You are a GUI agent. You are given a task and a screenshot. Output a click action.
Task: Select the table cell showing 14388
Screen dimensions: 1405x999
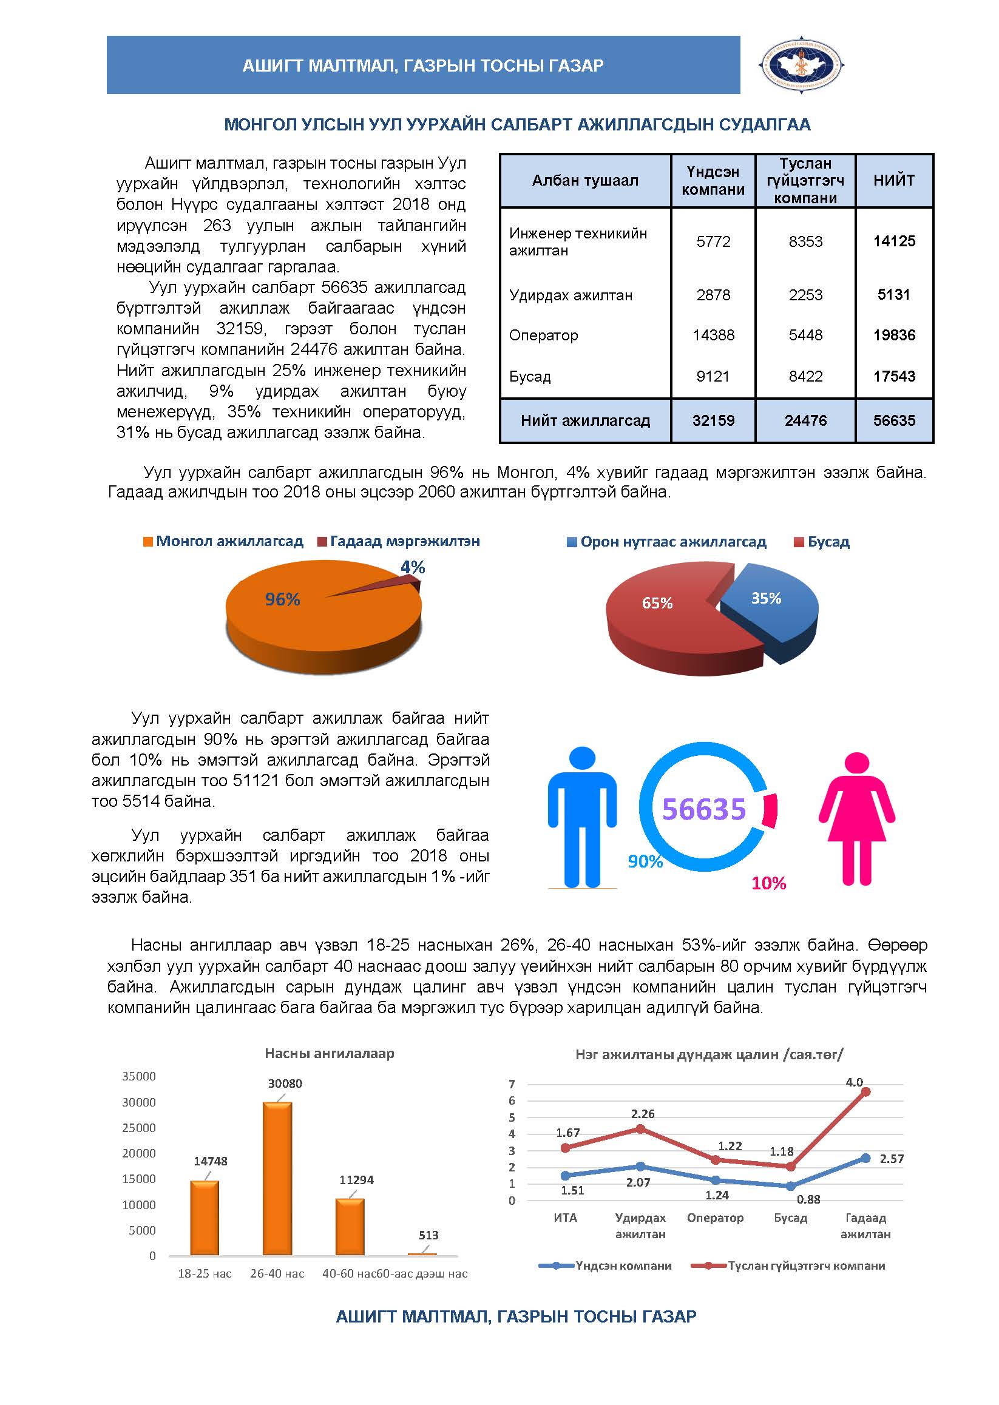click(713, 335)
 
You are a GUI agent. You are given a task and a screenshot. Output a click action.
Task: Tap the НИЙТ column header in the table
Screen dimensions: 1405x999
click(894, 180)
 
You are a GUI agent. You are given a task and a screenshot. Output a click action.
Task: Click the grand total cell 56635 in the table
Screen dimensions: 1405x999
click(894, 420)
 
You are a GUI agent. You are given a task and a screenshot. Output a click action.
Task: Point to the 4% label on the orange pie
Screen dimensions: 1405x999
click(413, 567)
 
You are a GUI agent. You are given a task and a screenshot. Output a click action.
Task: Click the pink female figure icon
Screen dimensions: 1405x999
click(856, 818)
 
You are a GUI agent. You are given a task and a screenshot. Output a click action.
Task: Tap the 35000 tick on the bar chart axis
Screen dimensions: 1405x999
click(139, 1076)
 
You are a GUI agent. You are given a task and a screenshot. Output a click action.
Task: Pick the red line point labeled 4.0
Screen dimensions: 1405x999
click(865, 1092)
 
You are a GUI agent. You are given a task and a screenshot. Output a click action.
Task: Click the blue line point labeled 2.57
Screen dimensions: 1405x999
click(865, 1158)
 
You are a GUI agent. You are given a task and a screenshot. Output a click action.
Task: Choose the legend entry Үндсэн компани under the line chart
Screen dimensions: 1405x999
click(623, 1265)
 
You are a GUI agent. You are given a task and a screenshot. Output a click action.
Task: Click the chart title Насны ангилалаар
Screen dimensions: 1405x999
click(329, 1053)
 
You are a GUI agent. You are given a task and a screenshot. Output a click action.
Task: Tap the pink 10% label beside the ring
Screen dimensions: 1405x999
click(768, 883)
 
